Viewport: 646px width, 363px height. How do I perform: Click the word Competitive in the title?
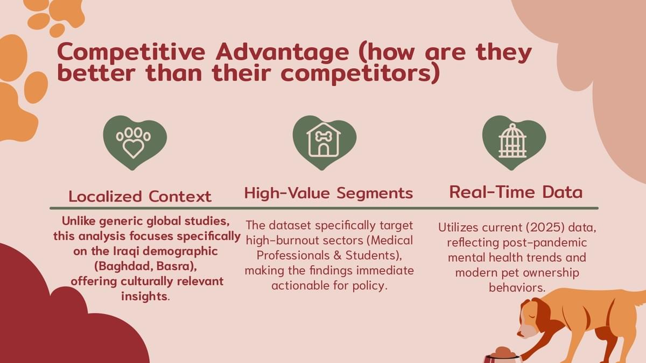131,52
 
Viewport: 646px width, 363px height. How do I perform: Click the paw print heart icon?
135,143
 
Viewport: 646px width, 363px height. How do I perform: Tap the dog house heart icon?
325,143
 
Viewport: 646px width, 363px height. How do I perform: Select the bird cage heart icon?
514,143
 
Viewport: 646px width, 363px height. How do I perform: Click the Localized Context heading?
140,196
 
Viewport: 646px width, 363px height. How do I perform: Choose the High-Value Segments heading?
329,193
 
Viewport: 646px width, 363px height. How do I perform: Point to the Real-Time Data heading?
516,192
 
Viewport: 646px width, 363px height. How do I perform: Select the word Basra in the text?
174,267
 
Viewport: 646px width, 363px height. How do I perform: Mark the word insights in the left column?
144,296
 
